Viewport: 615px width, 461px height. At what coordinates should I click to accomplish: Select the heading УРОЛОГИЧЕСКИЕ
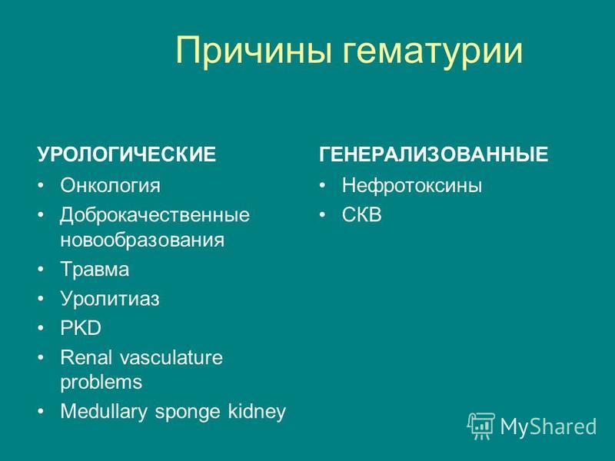pyautogui.click(x=126, y=154)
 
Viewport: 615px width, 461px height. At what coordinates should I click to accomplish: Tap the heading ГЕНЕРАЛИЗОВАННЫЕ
pyautogui.click(x=434, y=154)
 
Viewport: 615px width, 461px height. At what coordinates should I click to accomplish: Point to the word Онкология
pyautogui.click(x=110, y=185)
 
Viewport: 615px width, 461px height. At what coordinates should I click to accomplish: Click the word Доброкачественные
pyautogui.click(x=155, y=216)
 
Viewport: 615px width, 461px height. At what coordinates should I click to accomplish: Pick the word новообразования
pyautogui.click(x=142, y=240)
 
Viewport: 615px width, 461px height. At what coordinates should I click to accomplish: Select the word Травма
pyautogui.click(x=95, y=270)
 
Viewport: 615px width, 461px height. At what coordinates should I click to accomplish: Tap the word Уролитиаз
pyautogui.click(x=110, y=299)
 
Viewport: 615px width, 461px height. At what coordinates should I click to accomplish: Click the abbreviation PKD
pyautogui.click(x=81, y=328)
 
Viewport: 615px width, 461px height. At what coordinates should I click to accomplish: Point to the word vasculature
pyautogui.click(x=171, y=357)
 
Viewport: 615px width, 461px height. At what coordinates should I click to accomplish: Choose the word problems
pyautogui.click(x=101, y=383)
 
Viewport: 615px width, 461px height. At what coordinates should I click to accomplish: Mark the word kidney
pyautogui.click(x=257, y=412)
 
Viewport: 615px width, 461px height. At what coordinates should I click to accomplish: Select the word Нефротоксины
pyautogui.click(x=412, y=185)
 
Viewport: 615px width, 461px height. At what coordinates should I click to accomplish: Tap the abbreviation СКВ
pyautogui.click(x=361, y=215)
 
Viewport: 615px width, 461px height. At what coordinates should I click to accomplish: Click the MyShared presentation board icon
pyautogui.click(x=481, y=426)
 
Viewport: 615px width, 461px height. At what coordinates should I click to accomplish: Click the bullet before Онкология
pyautogui.click(x=41, y=185)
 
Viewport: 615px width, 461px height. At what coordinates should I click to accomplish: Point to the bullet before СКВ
pyautogui.click(x=322, y=215)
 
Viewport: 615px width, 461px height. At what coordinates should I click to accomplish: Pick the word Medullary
pyautogui.click(x=104, y=412)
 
